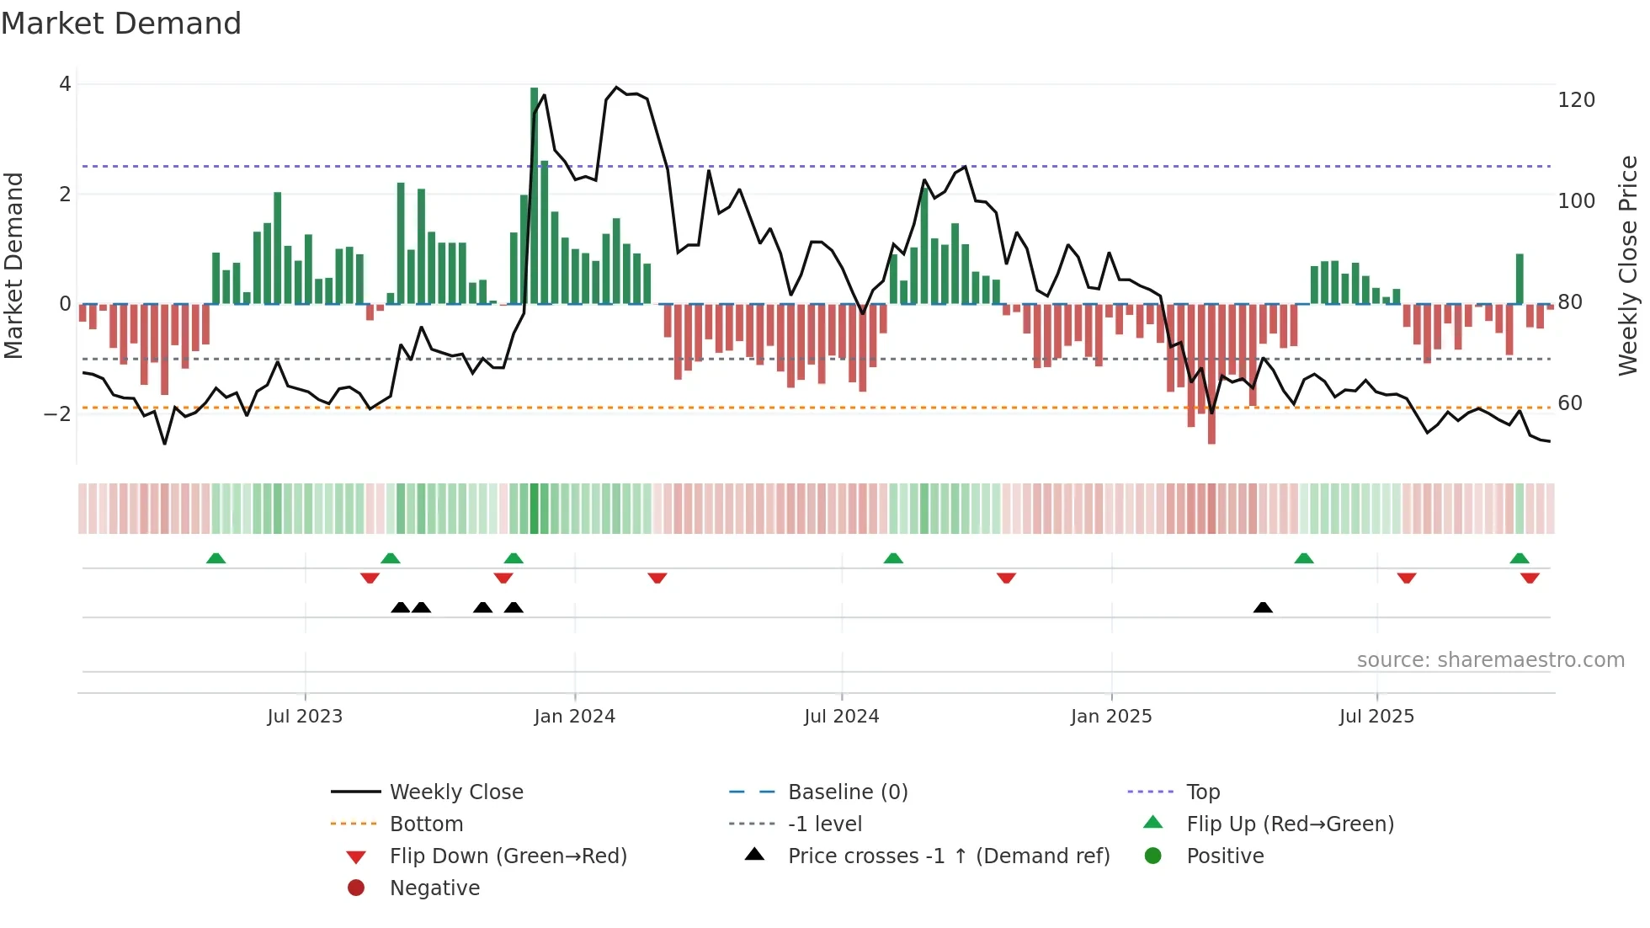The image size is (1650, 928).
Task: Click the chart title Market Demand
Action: pos(121,24)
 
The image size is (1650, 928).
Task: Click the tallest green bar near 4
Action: pos(534,194)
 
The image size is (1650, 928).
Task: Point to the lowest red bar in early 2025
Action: pos(1211,375)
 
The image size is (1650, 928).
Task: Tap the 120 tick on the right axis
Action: pos(1576,100)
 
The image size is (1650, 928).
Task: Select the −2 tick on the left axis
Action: pos(57,413)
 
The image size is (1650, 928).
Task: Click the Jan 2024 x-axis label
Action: pos(574,717)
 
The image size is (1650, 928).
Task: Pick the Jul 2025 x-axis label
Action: pos(1376,717)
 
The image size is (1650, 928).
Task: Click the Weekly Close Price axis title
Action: pos(1629,265)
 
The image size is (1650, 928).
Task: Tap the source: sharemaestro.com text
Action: pos(1490,660)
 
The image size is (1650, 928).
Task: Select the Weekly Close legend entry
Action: pos(455,792)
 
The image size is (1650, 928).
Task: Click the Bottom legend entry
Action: pos(426,824)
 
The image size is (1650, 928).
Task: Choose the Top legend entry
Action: pos(1202,792)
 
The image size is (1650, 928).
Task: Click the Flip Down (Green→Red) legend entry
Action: pos(508,856)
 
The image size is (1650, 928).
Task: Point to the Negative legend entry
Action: pos(434,888)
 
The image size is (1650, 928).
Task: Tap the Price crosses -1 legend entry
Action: pos(948,856)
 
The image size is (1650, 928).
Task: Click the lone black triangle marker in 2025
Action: pos(1263,607)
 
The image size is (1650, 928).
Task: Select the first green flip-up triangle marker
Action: pos(216,558)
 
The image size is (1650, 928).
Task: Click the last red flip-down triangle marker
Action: pos(1530,578)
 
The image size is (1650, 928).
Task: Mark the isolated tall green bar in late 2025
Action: pos(1520,279)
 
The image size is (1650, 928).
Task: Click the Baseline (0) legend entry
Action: pos(847,792)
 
